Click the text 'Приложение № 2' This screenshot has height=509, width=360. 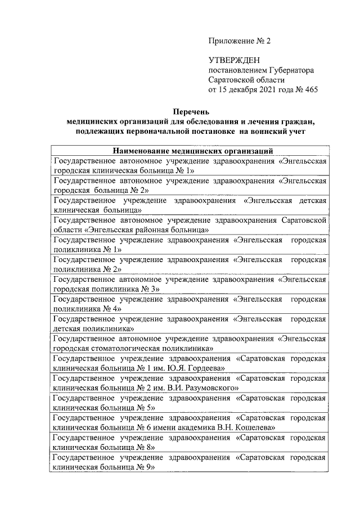[x=239, y=41]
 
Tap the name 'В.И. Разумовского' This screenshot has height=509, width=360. [x=203, y=387]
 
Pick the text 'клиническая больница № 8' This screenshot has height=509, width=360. [x=103, y=447]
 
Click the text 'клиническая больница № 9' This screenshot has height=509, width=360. [x=103, y=466]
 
